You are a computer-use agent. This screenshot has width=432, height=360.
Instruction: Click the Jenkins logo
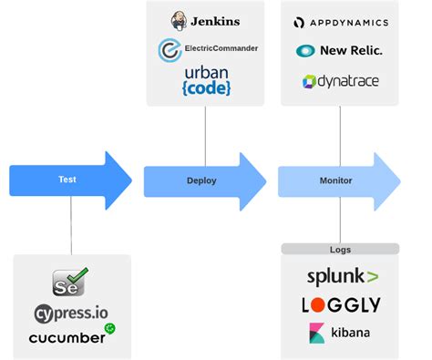tap(205, 21)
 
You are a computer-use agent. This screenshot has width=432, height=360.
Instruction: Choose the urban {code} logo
tap(207, 80)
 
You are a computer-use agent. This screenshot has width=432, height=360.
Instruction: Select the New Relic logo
tap(339, 50)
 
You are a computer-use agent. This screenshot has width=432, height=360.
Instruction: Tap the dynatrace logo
tap(340, 81)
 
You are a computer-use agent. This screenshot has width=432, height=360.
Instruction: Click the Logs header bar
tap(340, 249)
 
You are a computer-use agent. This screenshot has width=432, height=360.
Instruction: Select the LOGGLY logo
tap(340, 304)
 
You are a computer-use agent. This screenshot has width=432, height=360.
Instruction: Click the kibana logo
tap(339, 333)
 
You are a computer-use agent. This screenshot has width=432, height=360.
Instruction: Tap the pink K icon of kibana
tap(317, 333)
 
